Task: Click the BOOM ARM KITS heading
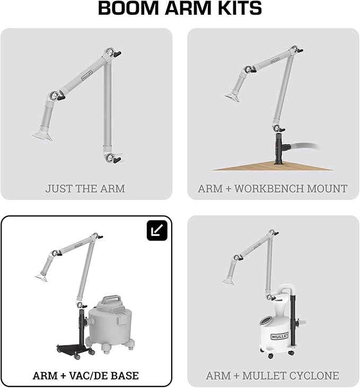pyautogui.click(x=180, y=8)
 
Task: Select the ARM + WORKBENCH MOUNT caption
pyautogui.click(x=273, y=188)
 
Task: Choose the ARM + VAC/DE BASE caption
pyautogui.click(x=86, y=375)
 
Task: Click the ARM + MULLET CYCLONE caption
pyautogui.click(x=273, y=375)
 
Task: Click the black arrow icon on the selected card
pyautogui.click(x=156, y=230)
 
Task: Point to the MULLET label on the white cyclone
pyautogui.click(x=279, y=336)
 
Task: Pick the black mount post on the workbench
pyautogui.click(x=279, y=151)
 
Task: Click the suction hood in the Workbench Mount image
pyautogui.click(x=231, y=99)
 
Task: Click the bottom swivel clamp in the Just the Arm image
pyautogui.click(x=112, y=157)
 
